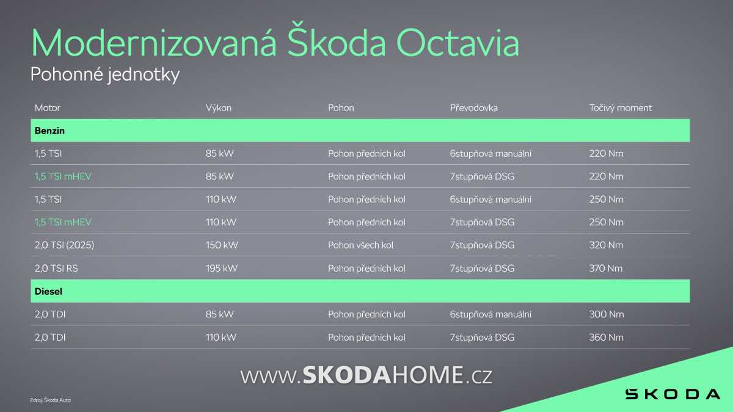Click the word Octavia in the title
point(458,43)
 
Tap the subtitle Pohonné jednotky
point(105,74)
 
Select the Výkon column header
point(219,108)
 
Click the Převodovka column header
point(474,108)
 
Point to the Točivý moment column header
point(621,108)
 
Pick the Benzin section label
point(49,131)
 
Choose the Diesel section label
point(48,291)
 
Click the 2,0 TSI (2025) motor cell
point(64,245)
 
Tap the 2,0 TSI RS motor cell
point(56,269)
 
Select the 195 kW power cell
point(222,269)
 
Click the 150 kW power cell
point(222,245)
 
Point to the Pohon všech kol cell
point(360,245)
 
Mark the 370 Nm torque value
point(606,269)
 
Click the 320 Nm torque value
point(606,245)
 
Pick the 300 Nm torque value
point(607,314)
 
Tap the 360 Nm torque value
point(607,337)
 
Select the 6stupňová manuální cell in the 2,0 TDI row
point(490,314)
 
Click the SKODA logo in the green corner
point(673,394)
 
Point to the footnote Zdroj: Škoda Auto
point(50,400)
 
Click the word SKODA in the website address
point(347,375)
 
